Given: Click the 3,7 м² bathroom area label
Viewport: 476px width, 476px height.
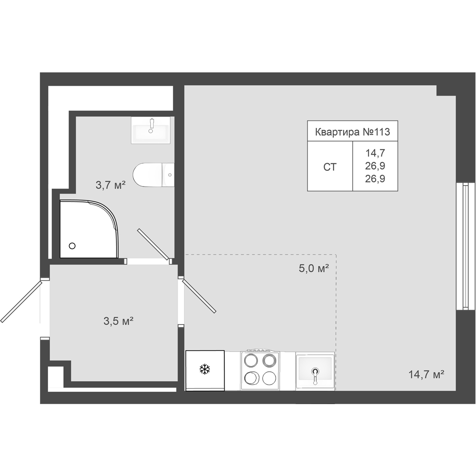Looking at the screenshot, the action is (x=110, y=185).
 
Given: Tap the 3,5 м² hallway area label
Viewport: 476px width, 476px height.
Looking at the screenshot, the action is (x=119, y=321).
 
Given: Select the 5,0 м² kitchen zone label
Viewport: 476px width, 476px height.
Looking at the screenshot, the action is (x=314, y=268).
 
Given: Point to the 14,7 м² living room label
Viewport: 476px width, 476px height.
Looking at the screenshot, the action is (x=426, y=374).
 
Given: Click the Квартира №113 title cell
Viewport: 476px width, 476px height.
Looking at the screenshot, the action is (x=352, y=132).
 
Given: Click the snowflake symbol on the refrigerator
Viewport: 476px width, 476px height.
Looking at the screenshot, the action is (x=205, y=369).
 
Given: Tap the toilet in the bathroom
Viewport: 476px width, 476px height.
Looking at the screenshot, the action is (x=153, y=175).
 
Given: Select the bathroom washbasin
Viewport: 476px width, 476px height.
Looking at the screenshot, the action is (x=150, y=130).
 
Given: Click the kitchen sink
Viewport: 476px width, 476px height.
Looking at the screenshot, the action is (x=315, y=371).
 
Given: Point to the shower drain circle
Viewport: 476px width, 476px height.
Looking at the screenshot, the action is (x=72, y=246).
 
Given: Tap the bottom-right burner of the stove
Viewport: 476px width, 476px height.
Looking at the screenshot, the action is (x=269, y=378).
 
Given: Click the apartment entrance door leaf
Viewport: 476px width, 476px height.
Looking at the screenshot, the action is (x=21, y=302).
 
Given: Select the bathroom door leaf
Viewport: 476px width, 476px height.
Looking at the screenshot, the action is (x=153, y=244).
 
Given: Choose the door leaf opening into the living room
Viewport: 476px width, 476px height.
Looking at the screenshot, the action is (x=199, y=296).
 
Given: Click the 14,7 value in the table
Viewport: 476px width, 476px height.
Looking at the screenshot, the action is (x=375, y=153).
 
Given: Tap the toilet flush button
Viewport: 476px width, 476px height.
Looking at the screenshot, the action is (x=170, y=175).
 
